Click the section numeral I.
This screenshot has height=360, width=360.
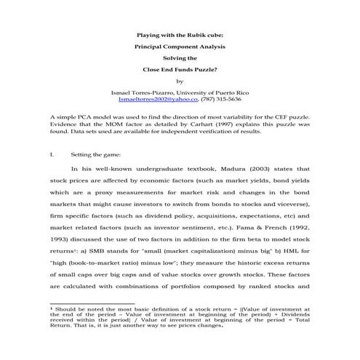52,155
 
